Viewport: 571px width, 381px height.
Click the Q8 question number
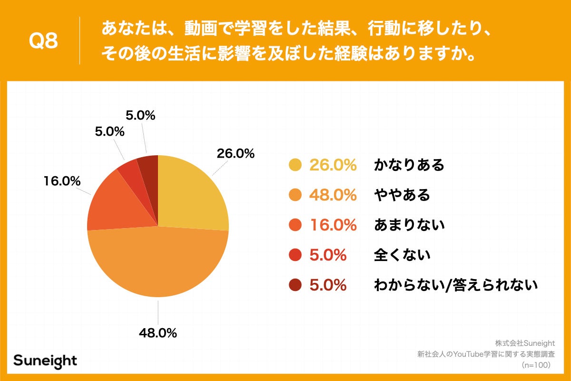tap(43, 41)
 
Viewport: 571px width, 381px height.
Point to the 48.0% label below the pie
tap(158, 333)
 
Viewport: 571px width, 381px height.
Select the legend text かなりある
tap(409, 165)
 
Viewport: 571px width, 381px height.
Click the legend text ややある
tap(402, 195)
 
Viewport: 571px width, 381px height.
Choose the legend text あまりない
tap(409, 225)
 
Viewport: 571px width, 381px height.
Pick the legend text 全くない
tap(402, 255)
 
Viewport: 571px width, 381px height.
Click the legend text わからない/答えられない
tap(455, 285)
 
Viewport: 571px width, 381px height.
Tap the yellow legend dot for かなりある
tap(295, 165)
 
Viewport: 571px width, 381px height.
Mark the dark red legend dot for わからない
tap(295, 285)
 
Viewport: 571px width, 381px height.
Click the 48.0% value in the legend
tap(333, 195)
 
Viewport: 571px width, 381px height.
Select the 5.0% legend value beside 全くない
tap(327, 255)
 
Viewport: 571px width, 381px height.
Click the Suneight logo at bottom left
tap(45, 360)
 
